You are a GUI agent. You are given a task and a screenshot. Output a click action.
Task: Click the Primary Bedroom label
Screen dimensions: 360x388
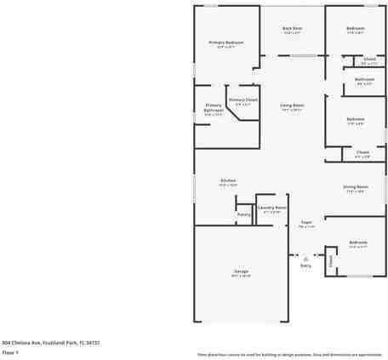point(226,43)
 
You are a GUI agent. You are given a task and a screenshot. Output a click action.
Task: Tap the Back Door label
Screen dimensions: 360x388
point(292,28)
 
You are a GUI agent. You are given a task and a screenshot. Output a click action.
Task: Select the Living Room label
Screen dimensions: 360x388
point(292,106)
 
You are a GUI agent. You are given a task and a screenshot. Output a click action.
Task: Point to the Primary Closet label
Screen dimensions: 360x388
point(242,100)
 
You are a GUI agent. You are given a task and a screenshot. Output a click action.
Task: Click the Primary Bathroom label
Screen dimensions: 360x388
point(214,108)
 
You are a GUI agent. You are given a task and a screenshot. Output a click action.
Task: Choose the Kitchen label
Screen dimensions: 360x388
point(228,180)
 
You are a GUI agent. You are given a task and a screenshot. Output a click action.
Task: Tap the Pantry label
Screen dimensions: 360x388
point(243,214)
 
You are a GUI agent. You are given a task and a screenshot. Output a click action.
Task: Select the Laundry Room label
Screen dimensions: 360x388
point(272,207)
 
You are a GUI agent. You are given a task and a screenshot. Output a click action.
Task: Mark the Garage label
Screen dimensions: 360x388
point(242,271)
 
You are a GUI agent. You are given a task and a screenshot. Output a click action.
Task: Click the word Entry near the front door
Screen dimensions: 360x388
point(305,266)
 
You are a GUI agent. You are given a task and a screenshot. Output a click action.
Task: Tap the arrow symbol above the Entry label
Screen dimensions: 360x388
point(305,255)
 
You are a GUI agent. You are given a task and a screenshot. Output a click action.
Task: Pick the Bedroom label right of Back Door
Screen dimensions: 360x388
point(356,28)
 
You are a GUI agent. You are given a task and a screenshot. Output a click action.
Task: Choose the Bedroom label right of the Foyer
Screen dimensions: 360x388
point(358,243)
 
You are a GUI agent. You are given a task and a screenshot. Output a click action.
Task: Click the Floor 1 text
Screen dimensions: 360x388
point(10,351)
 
